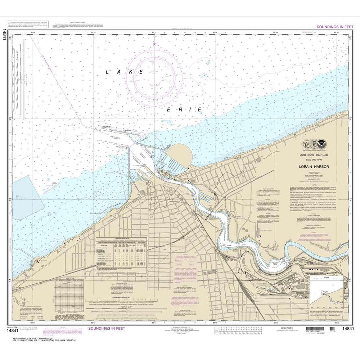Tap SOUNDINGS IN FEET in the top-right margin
point(334,27)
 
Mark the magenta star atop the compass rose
point(154,44)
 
